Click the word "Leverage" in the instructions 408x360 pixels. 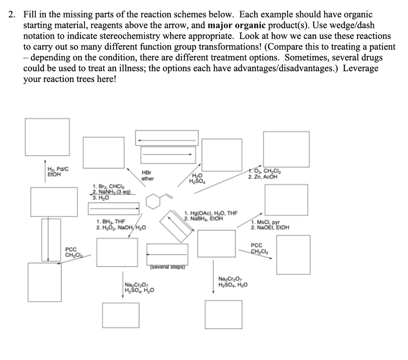tap(360, 68)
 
